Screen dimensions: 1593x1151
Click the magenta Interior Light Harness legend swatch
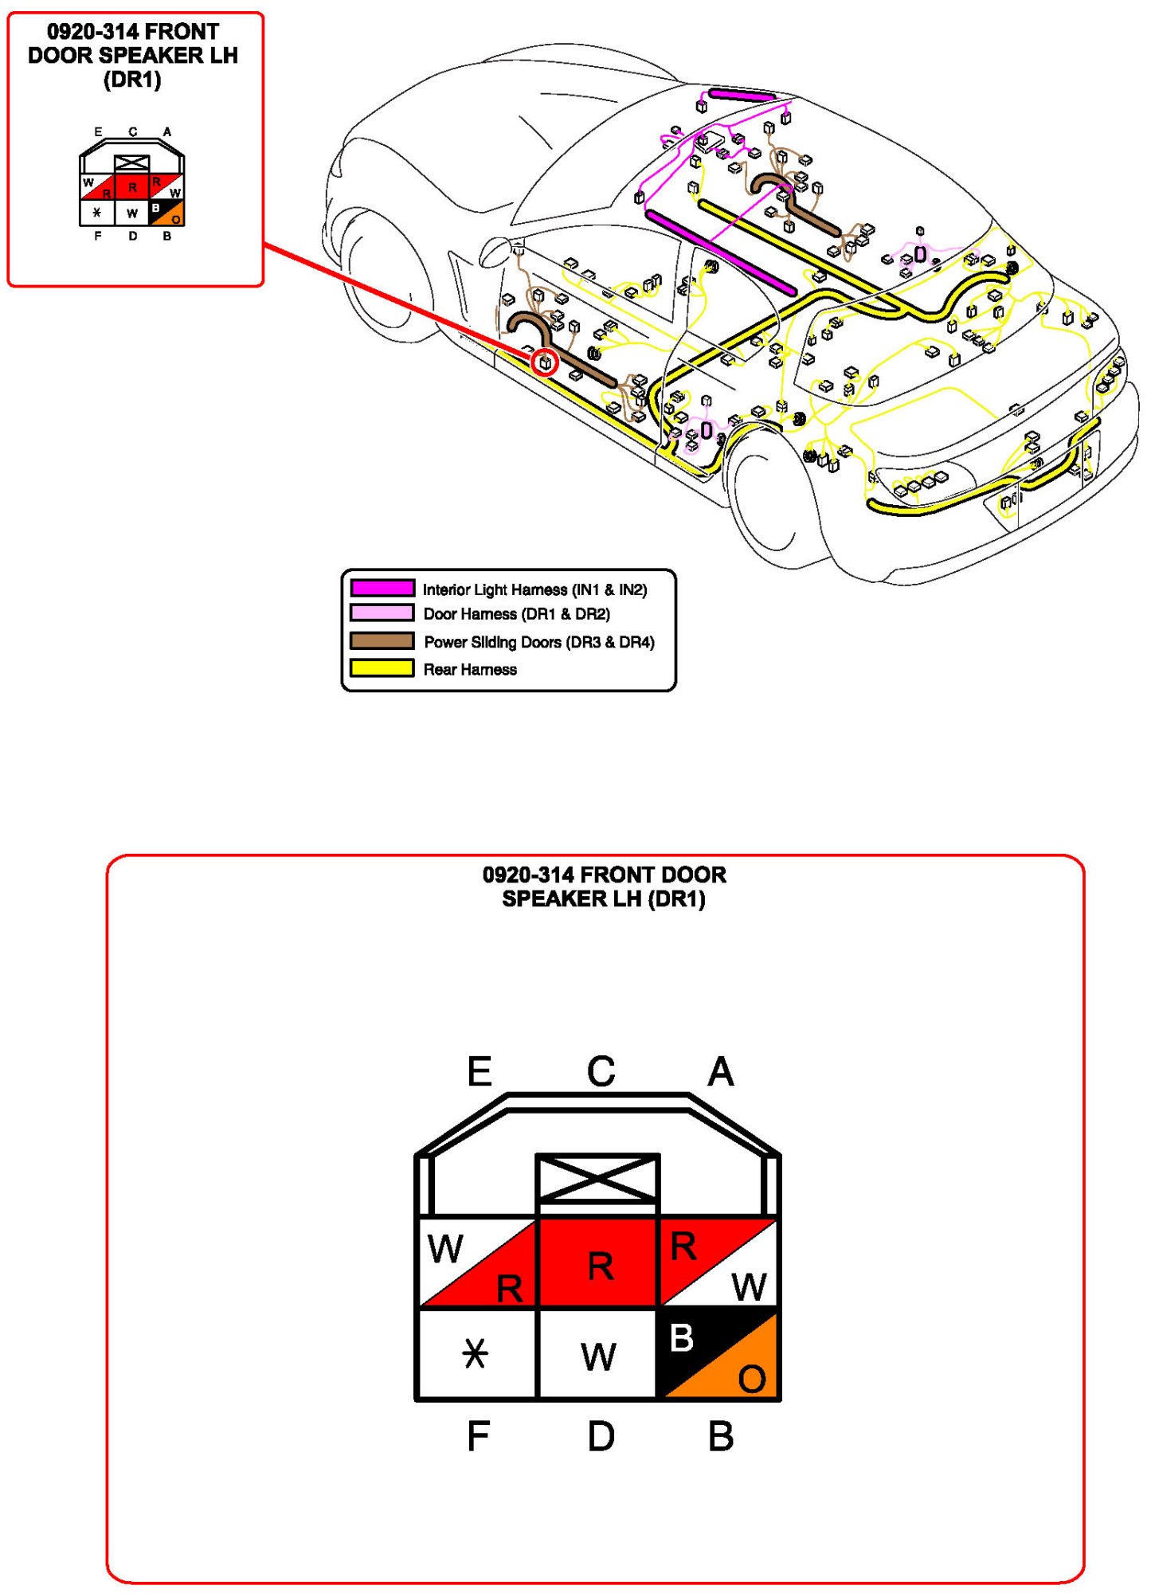[x=382, y=588]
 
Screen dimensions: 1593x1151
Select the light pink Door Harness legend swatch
[x=382, y=613]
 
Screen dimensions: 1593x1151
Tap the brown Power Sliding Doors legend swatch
[x=382, y=640]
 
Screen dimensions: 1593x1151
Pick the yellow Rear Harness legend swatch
[x=382, y=667]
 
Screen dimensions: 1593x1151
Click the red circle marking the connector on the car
[x=545, y=362]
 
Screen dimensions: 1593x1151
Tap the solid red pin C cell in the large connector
[x=599, y=1263]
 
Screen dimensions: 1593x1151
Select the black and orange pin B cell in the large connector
[x=718, y=1354]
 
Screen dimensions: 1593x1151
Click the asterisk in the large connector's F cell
[x=476, y=1353]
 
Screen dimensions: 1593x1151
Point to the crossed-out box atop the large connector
[x=598, y=1177]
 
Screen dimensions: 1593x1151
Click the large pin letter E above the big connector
[x=480, y=1071]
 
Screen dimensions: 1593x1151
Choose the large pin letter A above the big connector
[x=721, y=1071]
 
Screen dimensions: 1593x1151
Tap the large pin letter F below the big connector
[x=478, y=1436]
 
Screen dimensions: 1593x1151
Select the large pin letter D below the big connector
[x=601, y=1436]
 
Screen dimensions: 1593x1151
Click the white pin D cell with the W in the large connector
[x=598, y=1354]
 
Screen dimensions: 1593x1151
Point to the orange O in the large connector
[x=752, y=1379]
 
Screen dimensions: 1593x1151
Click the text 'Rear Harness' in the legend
[x=470, y=669]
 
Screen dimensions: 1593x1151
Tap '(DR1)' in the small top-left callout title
[x=132, y=80]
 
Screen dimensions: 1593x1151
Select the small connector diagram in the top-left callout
[x=132, y=188]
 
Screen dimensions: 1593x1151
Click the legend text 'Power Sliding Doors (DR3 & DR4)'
[x=539, y=642]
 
